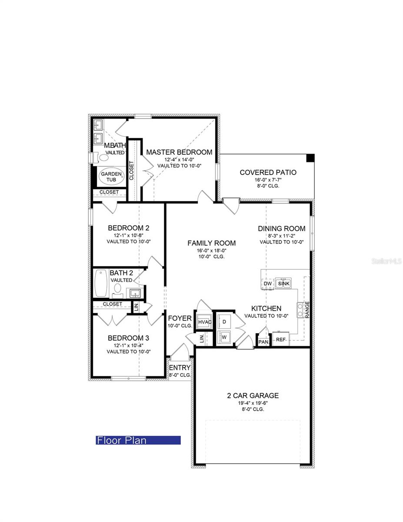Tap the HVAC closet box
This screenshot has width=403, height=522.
click(x=205, y=322)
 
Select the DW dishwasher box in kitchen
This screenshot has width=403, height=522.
click(x=267, y=284)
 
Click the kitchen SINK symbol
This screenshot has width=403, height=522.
click(x=284, y=284)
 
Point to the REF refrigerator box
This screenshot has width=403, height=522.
click(x=281, y=340)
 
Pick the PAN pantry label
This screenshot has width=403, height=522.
click(x=263, y=342)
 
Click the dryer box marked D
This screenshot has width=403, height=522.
click(x=224, y=321)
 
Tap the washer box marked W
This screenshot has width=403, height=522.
click(x=224, y=337)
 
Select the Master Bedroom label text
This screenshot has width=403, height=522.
click(x=179, y=152)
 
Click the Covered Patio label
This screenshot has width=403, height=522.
click(x=268, y=173)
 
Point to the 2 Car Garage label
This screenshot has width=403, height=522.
click(x=253, y=395)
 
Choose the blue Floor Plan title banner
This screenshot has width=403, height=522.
click(x=138, y=440)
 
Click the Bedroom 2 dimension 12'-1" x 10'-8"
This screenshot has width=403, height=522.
click(x=129, y=235)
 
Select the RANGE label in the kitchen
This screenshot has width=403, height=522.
click(x=307, y=310)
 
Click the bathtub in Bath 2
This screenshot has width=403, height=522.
click(x=101, y=284)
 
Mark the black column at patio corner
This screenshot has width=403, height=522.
click(x=310, y=158)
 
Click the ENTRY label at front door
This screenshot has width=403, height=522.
click(x=180, y=368)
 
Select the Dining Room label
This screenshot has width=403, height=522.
click(x=281, y=228)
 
